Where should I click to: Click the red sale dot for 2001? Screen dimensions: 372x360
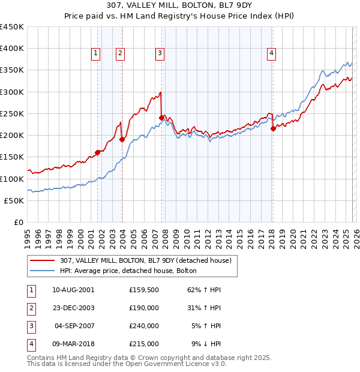pos(97,152)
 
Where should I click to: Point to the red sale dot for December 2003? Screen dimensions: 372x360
pos(122,139)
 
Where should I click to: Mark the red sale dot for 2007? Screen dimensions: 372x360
pos(161,118)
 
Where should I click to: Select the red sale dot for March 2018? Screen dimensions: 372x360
pos(273,128)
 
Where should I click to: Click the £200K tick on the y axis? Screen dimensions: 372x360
pos(12,135)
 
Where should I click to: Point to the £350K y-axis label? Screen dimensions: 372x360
pos(12,70)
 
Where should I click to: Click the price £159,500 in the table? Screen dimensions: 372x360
pos(143,289)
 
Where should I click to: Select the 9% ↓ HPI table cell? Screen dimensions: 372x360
pos(206,344)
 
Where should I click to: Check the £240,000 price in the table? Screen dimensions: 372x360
pos(143,326)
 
